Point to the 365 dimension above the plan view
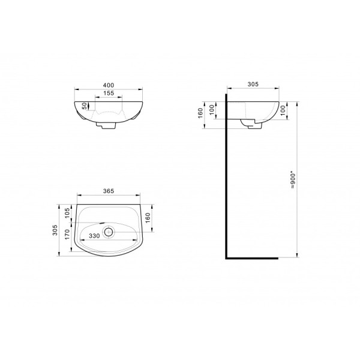[x=109, y=191]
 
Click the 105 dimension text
[x=67, y=213]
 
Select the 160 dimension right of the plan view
[x=148, y=217]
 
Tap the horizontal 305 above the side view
[x=252, y=85]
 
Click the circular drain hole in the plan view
[x=109, y=231]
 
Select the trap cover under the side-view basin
[x=252, y=123]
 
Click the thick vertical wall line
[x=226, y=180]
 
